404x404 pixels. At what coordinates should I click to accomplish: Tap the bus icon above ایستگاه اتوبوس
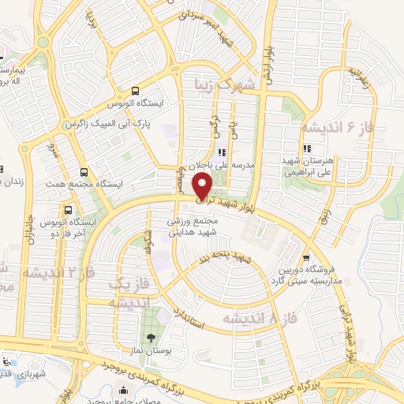tap(136, 91)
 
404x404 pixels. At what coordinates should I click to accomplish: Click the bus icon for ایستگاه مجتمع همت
tap(84, 172)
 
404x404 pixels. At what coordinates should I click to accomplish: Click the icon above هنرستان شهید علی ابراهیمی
tap(306, 148)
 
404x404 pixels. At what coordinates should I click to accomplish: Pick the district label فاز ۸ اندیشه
tap(252, 318)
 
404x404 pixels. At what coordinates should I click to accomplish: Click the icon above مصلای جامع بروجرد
tap(122, 391)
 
